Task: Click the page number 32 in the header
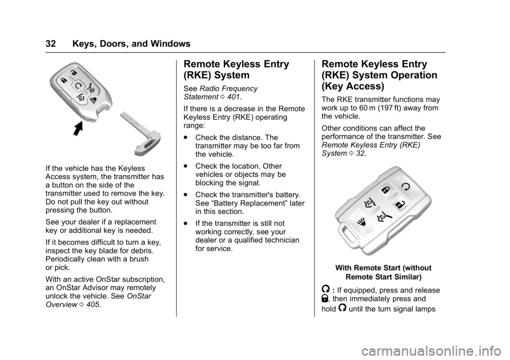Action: click(x=51, y=44)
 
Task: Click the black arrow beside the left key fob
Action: click(x=79, y=128)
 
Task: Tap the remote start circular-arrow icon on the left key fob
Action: click(x=79, y=86)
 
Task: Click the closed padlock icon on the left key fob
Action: click(x=64, y=80)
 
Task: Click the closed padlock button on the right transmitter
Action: click(x=386, y=190)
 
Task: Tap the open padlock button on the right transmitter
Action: click(x=399, y=204)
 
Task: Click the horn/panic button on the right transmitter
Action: click(x=361, y=221)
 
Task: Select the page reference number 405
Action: click(x=93, y=305)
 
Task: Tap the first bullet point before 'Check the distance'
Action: click(x=185, y=138)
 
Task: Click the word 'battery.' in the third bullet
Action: click(x=287, y=195)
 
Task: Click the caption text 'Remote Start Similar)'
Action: click(x=384, y=277)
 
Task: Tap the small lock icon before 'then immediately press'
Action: click(x=325, y=298)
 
